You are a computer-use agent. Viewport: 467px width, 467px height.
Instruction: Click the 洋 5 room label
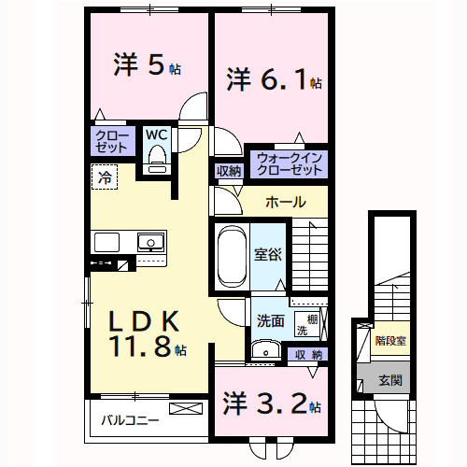147,65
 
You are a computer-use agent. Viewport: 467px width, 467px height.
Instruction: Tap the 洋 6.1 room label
273,80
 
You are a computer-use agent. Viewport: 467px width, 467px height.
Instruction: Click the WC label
155,134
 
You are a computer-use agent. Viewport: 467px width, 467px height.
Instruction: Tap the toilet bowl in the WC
156,156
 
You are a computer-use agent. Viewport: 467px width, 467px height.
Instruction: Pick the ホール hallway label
284,202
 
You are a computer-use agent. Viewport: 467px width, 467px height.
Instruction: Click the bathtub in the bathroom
230,256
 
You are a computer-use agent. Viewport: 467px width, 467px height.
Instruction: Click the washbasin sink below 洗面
267,351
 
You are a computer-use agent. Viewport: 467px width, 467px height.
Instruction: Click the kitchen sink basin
149,243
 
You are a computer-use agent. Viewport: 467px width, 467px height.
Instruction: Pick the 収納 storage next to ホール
229,171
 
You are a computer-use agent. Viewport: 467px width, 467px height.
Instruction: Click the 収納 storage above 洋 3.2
309,354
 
